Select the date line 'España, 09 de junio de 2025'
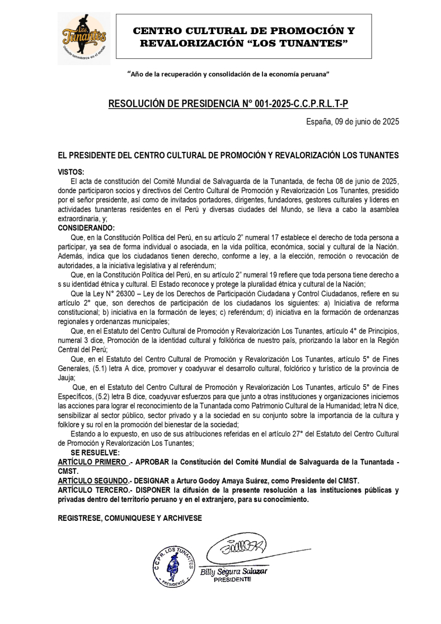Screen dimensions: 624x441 [352, 122]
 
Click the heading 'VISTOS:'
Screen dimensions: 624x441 [71, 173]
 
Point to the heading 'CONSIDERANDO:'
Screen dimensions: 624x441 [86, 228]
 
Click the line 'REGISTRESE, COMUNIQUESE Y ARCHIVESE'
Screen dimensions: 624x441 [130, 519]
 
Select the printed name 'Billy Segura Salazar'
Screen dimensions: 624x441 [234, 572]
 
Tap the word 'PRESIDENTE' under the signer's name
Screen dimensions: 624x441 [232, 580]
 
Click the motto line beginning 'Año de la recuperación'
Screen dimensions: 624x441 [228, 74]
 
